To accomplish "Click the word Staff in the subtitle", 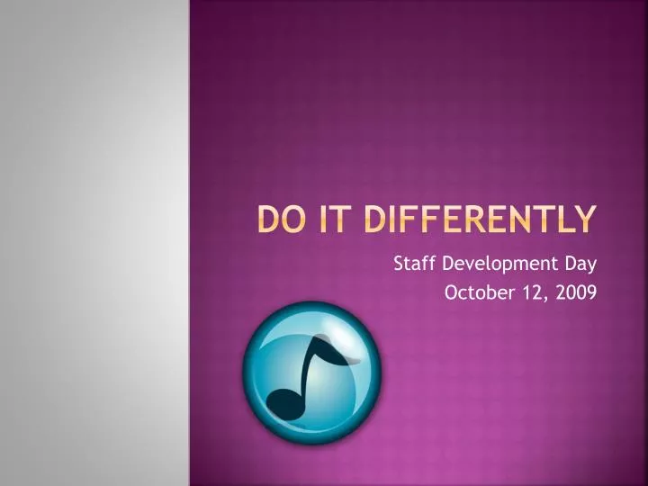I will pyautogui.click(x=412, y=265).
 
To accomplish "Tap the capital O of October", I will pyautogui.click(x=453, y=292).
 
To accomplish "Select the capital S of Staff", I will pyautogui.click(x=400, y=265).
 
